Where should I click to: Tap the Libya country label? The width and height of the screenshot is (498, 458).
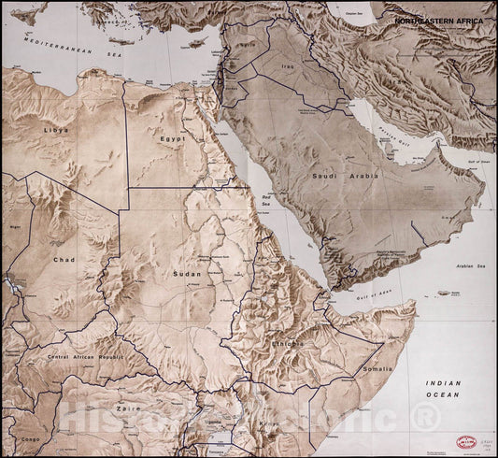(x=55, y=130)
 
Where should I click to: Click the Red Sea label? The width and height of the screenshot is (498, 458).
(x=265, y=200)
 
